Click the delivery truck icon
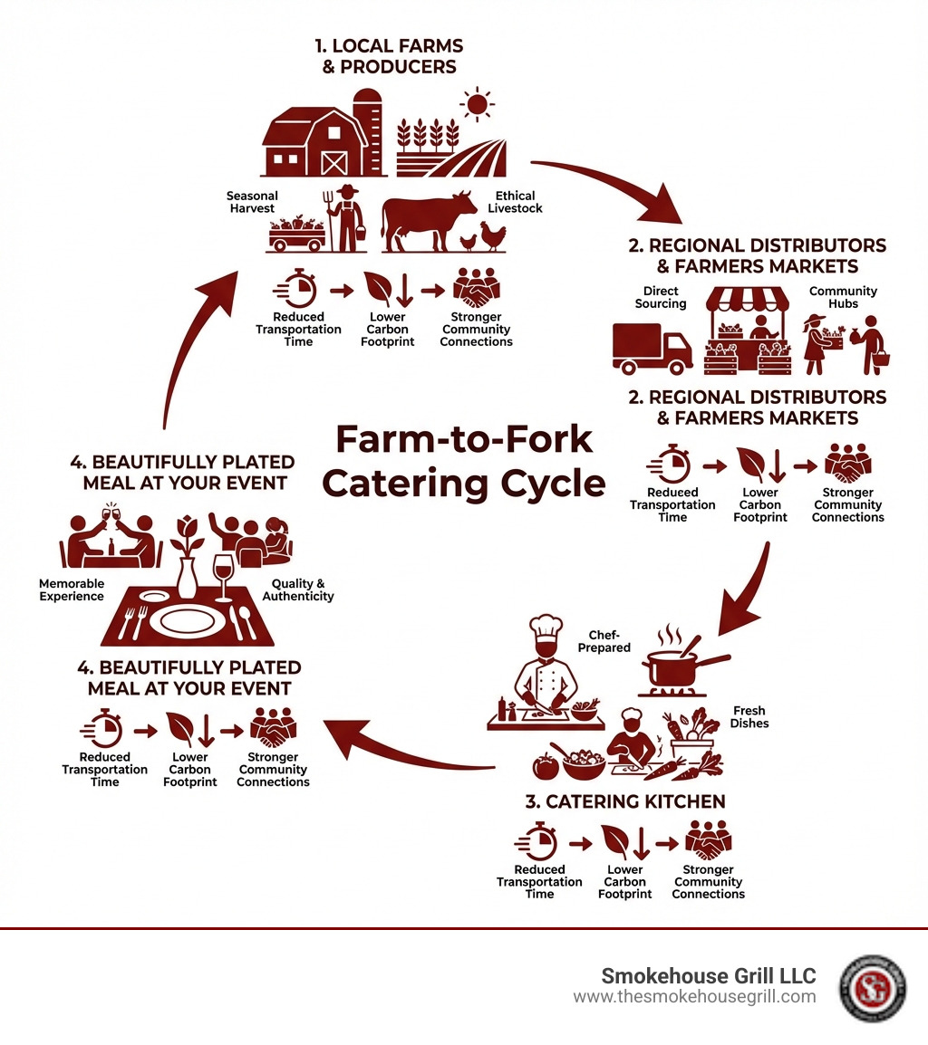(652, 349)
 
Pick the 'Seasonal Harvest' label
(252, 202)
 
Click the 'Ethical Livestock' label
(515, 202)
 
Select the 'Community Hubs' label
(843, 298)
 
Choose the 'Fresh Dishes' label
(749, 717)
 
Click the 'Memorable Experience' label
(72, 590)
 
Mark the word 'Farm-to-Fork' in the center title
(464, 440)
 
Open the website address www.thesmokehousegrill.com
(694, 997)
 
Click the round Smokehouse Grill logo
(872, 988)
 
